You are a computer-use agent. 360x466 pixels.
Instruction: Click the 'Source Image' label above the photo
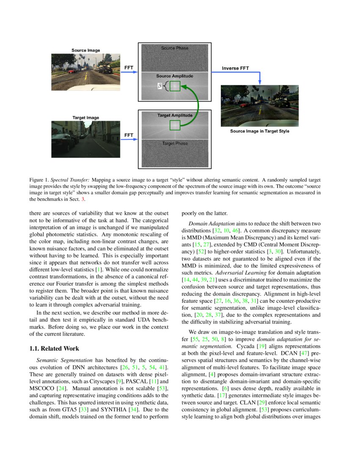tap(86, 50)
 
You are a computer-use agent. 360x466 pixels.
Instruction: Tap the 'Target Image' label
tap(86, 117)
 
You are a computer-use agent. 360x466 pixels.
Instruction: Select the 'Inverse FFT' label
tap(235, 68)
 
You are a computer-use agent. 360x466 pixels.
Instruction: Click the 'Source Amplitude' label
tap(174, 76)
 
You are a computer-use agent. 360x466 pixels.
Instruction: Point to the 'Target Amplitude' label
tap(174, 115)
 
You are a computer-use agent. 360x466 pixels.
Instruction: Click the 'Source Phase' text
tap(174, 48)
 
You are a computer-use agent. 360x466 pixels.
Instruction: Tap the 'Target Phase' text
tap(174, 144)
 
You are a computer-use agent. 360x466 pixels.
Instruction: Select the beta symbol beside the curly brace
tap(160, 86)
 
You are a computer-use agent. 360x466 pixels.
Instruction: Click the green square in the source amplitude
tap(175, 86)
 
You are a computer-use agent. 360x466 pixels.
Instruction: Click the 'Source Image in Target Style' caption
tap(260, 131)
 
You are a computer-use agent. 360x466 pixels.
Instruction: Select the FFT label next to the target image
tap(129, 135)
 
